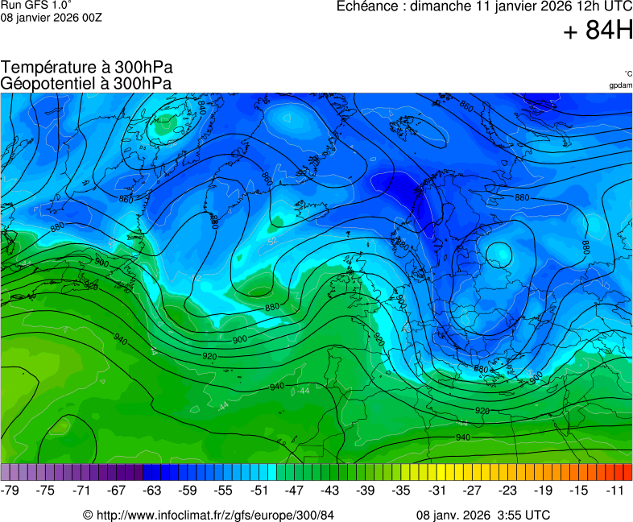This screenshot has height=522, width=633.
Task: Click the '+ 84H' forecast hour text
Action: (598, 31)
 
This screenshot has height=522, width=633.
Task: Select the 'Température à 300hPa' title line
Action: (87, 68)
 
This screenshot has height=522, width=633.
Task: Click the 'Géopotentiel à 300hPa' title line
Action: (86, 83)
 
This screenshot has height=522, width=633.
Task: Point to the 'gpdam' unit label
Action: (620, 85)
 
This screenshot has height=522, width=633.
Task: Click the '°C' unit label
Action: (627, 73)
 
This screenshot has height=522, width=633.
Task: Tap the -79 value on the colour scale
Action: (10, 491)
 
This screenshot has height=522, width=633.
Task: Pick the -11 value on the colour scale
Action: (617, 491)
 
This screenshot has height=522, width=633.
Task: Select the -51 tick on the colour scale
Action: (259, 491)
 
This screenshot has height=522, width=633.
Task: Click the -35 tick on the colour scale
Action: (401, 491)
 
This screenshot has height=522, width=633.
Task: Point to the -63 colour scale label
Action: (152, 491)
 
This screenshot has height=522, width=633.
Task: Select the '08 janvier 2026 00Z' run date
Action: (52, 17)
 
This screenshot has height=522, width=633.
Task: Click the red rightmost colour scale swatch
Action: (628, 472)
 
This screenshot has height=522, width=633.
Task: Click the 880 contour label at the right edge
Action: (585, 246)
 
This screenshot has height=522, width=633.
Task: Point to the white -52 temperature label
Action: (271, 240)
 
